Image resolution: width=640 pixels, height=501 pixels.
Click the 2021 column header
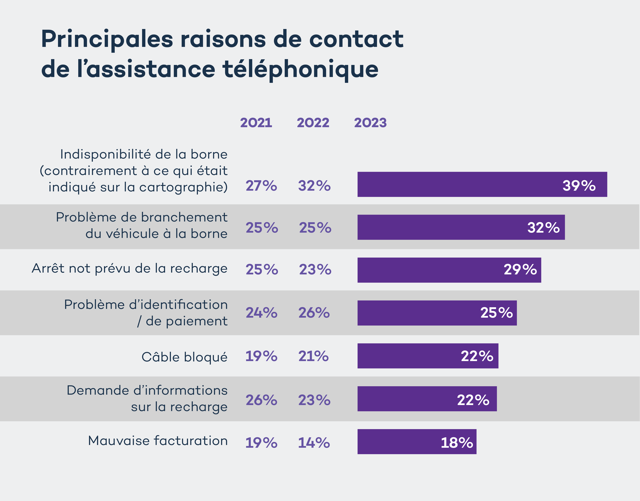point(256,123)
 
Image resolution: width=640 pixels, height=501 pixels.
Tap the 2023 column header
point(370,123)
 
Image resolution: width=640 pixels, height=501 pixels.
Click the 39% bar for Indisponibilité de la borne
point(482,184)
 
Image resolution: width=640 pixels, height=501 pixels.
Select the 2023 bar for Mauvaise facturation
point(417,442)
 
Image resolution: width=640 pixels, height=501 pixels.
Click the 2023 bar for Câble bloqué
point(428,356)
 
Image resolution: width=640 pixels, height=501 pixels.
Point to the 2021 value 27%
point(261,186)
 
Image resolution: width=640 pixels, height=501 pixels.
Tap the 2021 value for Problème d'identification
point(261,313)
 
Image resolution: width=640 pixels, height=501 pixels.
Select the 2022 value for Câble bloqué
point(313,356)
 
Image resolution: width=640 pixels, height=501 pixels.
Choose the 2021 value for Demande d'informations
point(261,400)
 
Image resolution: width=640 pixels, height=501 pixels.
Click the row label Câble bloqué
point(184,357)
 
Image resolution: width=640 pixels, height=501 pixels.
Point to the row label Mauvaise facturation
point(158,441)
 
